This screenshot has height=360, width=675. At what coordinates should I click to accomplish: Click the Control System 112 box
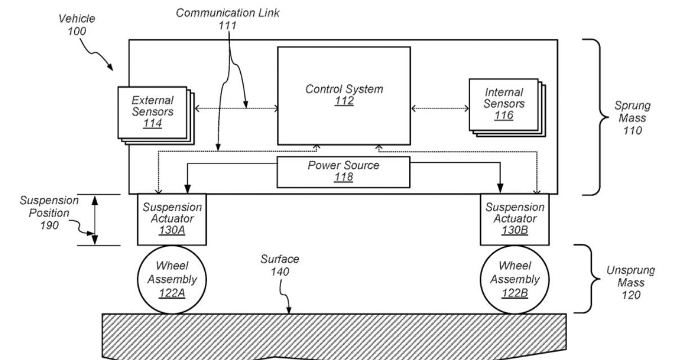click(344, 96)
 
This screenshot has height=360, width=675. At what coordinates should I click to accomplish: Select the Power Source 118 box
click(343, 172)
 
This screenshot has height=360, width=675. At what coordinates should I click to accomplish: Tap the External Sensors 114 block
click(152, 112)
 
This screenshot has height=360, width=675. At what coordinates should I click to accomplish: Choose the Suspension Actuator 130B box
click(514, 219)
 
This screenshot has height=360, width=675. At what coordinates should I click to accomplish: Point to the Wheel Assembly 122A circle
click(172, 279)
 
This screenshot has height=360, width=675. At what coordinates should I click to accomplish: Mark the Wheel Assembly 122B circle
click(514, 279)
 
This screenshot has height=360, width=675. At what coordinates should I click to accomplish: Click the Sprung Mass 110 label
click(632, 118)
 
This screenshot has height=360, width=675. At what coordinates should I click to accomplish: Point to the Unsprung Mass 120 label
click(630, 282)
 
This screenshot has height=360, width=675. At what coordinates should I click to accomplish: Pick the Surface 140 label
click(280, 265)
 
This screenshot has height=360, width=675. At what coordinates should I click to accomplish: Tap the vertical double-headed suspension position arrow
click(95, 220)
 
